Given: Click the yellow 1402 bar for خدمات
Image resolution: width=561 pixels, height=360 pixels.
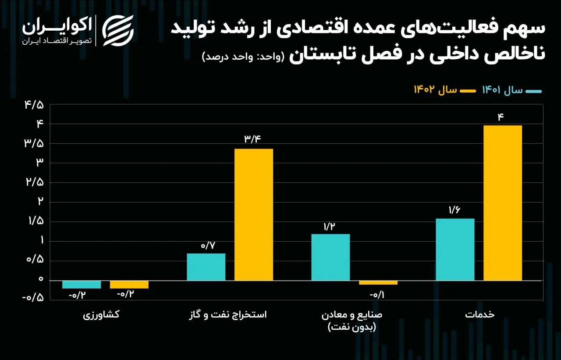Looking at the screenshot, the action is (x=503, y=203).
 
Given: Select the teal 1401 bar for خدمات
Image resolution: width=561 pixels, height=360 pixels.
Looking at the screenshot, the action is (x=455, y=250).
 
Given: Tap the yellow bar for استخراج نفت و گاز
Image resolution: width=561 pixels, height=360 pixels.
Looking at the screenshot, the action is (x=254, y=214).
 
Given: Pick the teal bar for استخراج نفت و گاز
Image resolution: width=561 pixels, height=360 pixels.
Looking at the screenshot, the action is (x=206, y=267).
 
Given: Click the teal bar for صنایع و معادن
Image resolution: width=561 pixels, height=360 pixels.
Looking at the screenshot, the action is (x=330, y=257).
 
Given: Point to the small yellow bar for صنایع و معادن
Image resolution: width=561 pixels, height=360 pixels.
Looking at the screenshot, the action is (x=378, y=282).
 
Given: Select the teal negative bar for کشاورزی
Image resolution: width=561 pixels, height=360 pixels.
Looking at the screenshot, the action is (x=82, y=285).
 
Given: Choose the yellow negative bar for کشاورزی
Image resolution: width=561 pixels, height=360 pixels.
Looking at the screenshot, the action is (x=129, y=285).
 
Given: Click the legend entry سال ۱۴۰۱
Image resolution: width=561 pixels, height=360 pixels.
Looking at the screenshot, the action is (x=512, y=90).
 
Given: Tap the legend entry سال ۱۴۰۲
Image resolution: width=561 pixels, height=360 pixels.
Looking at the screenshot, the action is (x=445, y=90).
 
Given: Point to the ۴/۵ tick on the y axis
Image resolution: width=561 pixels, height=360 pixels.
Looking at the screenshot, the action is (x=34, y=105).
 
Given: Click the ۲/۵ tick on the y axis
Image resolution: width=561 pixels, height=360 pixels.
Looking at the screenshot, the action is (x=35, y=182).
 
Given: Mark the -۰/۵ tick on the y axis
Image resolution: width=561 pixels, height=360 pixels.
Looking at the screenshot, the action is (x=33, y=298).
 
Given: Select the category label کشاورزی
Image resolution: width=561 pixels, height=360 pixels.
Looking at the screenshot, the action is (x=101, y=315).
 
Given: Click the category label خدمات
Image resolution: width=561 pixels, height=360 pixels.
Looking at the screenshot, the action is (x=480, y=314).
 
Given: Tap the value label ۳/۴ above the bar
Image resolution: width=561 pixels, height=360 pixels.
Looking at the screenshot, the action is (x=252, y=139).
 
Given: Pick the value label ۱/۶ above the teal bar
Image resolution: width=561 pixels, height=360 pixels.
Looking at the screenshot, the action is (x=454, y=210).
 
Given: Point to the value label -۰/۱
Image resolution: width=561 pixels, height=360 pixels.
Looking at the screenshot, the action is (x=377, y=295).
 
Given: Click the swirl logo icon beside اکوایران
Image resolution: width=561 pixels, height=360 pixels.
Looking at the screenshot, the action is (x=118, y=31).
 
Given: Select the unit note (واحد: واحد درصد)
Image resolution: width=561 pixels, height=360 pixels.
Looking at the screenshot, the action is (x=243, y=57).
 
